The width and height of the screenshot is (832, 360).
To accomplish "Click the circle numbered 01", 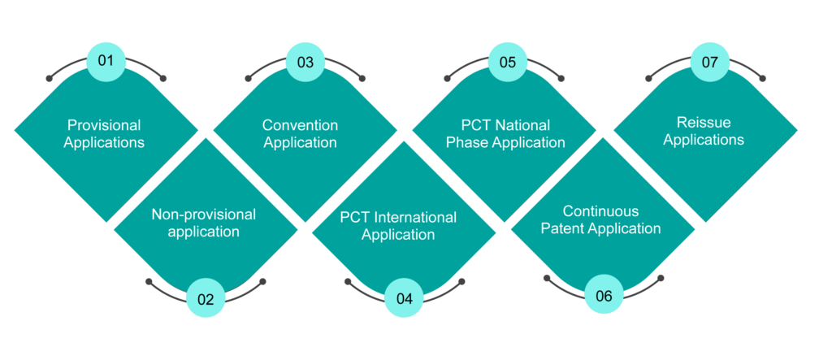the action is pos(106,62).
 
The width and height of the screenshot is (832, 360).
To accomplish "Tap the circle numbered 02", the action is pos(206,298).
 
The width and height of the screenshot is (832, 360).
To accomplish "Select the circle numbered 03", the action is pos(305,62).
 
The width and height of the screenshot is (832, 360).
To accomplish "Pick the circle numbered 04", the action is pos(405,298).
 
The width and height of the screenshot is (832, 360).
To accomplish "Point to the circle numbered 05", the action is pos(508,62).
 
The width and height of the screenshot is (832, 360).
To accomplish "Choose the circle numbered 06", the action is pos(604,295).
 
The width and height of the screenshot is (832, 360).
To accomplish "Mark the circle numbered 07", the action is pos(710,62).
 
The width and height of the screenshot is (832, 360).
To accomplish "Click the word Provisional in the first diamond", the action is pos(104,126).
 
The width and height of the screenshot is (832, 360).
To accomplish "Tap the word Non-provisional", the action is pos(204,214).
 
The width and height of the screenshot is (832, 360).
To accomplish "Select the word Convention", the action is pos(301,125).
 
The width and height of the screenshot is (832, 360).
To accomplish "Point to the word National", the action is pos(523,126).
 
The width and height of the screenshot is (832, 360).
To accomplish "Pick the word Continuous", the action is pos(600,211).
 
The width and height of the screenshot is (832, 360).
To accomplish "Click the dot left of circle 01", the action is pos(50,79).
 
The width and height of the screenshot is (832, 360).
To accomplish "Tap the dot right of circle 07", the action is pos(762,79).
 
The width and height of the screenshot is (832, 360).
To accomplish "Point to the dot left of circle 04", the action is pos(348,281).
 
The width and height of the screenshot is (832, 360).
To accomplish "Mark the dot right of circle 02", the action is pos(262,281).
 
